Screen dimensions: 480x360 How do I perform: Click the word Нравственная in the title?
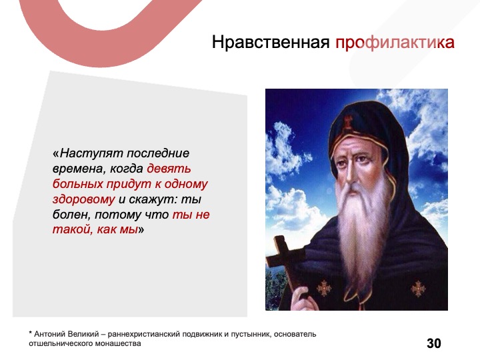point(270,42)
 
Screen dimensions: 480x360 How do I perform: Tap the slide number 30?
point(434,343)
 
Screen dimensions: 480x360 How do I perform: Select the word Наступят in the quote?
point(91,153)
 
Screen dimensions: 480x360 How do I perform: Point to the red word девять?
point(169,169)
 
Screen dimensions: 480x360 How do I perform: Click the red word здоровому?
point(83,199)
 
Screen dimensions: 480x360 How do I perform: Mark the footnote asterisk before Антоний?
point(30,333)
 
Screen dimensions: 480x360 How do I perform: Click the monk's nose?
point(349,171)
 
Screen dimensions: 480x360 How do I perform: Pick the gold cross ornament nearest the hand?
point(324,289)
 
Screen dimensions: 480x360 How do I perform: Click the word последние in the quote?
point(157,153)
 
